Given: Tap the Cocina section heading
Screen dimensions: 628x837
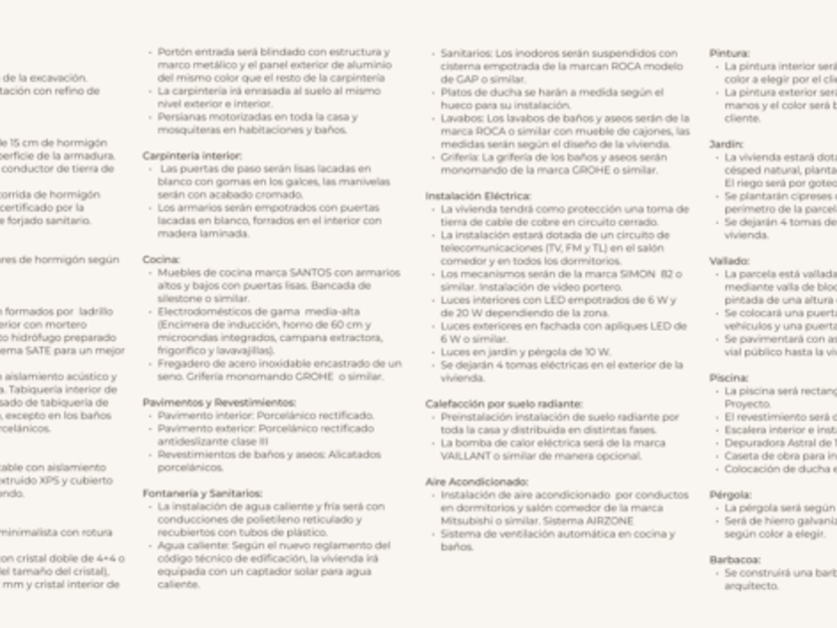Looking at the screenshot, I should pos(160,259).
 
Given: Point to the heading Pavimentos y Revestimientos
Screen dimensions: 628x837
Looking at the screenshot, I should pos(219,402).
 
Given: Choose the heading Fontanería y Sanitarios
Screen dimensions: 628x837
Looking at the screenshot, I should pos(202,492).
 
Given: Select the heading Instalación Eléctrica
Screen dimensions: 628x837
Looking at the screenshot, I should pos(478,196).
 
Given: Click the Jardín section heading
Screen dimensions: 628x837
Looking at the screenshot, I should pos(725,144).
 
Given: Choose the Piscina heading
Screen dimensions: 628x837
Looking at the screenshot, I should pos(728,378).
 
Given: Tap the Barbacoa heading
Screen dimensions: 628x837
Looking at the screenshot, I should pos(732,559).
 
